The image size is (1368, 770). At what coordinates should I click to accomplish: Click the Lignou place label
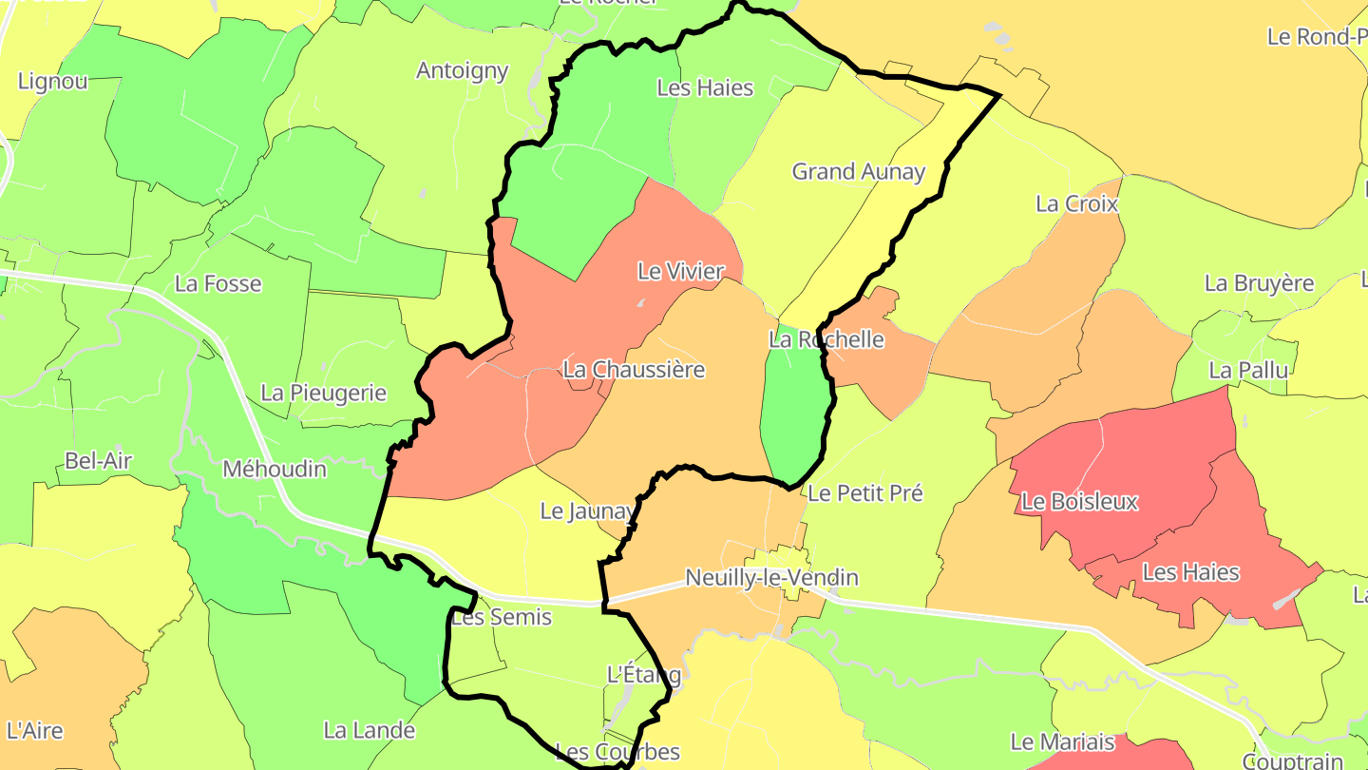(x=53, y=82)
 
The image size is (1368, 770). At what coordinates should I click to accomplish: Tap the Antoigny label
(x=463, y=70)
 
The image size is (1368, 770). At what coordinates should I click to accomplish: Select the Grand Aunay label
(x=859, y=172)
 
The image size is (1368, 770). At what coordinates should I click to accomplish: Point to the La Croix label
(x=1076, y=203)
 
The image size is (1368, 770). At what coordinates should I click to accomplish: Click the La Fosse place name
(x=218, y=283)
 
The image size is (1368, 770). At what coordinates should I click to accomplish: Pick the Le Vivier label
(x=680, y=272)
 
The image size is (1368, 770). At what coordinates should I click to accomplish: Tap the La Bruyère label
(x=1259, y=283)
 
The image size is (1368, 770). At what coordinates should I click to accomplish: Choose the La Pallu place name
(x=1248, y=370)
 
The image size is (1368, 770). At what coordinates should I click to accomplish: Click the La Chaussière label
(x=634, y=370)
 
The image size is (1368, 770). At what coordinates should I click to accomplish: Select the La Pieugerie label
(x=323, y=393)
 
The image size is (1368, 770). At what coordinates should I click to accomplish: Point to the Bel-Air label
(x=99, y=461)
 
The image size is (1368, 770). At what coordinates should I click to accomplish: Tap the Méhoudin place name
(x=275, y=469)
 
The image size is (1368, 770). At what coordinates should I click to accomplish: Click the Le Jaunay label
(x=587, y=511)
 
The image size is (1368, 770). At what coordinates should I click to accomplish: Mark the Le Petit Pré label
(x=864, y=492)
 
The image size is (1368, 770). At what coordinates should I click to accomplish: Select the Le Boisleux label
(x=1079, y=501)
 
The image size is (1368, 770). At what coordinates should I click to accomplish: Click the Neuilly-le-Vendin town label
(x=771, y=578)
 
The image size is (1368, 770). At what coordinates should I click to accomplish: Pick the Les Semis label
(x=502, y=618)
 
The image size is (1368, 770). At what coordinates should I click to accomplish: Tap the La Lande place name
(x=370, y=730)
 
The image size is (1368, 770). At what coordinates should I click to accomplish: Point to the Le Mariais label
(x=1062, y=741)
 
